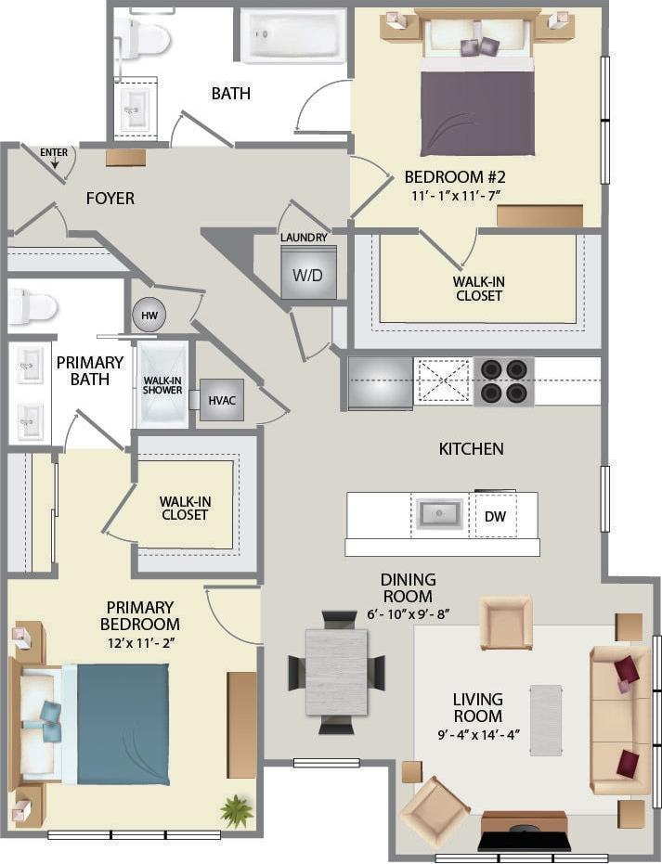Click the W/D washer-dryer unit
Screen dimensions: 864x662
pos(308,273)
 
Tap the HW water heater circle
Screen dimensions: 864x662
pos(149,316)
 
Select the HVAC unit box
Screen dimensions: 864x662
pos(221,400)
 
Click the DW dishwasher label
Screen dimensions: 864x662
pos(495,516)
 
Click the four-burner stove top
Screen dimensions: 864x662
pos(503,381)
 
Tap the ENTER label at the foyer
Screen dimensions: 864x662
pos(54,151)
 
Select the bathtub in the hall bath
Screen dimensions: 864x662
pos(293,36)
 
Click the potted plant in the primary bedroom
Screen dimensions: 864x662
pos(237,810)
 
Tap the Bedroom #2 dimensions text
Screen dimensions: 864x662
pos(454,196)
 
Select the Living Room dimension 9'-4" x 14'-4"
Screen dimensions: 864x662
pos(477,734)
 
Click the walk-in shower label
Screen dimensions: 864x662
pos(162,384)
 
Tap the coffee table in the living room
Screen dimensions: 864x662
pos(546,720)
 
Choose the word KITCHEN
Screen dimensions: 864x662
pos(471,449)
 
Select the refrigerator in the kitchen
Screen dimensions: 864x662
pos(380,382)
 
